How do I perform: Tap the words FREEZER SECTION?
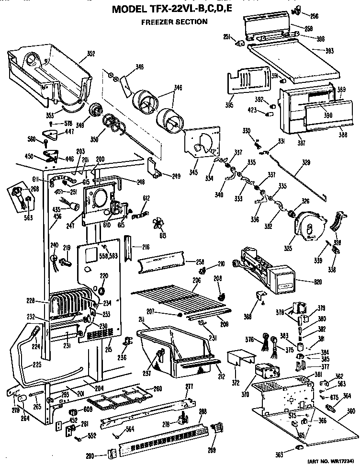click(x=174, y=22)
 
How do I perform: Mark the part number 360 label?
click(x=351, y=410)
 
